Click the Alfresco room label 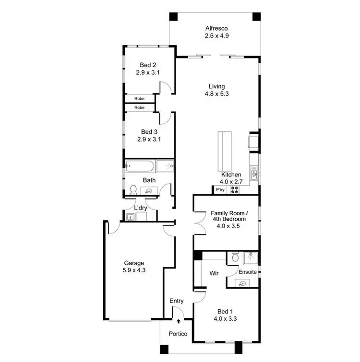coord(216,28)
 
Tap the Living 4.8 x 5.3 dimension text coord(216,94)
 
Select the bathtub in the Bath coord(140,167)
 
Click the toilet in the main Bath coord(133,189)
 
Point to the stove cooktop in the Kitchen coord(235,190)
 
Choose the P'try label coord(220,190)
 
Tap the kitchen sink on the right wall coord(253,173)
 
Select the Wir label coord(214,273)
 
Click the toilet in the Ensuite coord(234,257)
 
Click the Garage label coord(134,263)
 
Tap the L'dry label coord(140,208)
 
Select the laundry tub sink coord(130,217)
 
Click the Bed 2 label coord(148,65)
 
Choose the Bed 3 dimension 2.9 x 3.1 coord(148,140)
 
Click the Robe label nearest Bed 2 coord(140,98)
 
